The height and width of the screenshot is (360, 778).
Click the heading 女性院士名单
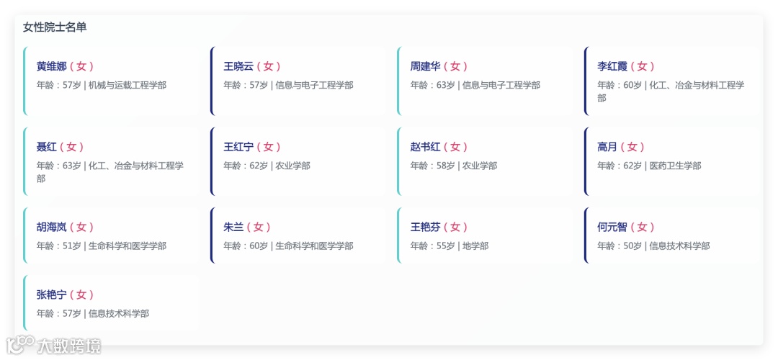coord(55,27)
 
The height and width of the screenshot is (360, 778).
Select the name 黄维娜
coord(52,66)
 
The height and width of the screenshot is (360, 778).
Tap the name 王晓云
coord(238,66)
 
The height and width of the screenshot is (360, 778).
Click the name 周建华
coord(425,66)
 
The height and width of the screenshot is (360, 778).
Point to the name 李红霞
coord(612,66)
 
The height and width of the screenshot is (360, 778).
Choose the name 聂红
coord(47,147)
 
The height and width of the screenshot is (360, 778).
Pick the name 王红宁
coord(238,147)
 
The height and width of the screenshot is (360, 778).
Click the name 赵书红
coord(425,147)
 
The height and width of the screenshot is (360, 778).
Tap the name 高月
coord(607,147)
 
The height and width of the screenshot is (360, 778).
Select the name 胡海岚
coord(52,227)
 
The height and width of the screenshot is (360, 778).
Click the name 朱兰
coord(233,227)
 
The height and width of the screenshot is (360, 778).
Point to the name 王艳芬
coord(425,227)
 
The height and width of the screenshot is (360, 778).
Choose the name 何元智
coord(612,227)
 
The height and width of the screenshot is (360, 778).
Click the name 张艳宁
coord(52,294)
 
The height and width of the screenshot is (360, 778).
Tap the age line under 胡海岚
coord(101,246)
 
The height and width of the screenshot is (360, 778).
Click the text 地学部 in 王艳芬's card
coord(475,246)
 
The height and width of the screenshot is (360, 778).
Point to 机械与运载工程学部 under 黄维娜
coord(128,85)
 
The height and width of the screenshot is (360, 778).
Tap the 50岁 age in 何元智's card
coord(632,246)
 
